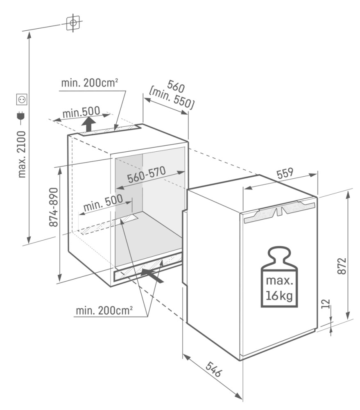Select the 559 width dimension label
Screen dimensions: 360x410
(x=285, y=173)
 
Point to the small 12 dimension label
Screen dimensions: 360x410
(x=326, y=304)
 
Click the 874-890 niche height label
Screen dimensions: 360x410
(x=54, y=207)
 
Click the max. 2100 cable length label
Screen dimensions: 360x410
(x=22, y=154)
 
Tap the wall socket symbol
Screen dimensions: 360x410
(x=22, y=99)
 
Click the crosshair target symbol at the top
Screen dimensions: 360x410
(x=73, y=23)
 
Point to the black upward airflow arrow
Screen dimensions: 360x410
(x=89, y=124)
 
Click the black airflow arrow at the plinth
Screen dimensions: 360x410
(x=152, y=276)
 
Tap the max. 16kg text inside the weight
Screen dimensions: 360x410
(x=279, y=288)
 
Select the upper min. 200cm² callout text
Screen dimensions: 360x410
(x=90, y=83)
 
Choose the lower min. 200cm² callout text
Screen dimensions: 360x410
(x=104, y=310)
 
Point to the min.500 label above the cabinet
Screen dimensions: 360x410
(x=81, y=112)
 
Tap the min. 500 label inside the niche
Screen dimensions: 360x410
(x=103, y=203)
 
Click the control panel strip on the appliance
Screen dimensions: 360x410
(x=279, y=211)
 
